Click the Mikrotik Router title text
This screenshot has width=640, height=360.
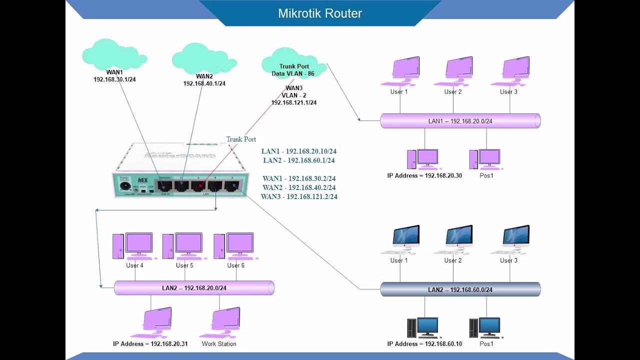pyautogui.click(x=320, y=13)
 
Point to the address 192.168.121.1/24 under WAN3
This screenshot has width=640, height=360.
pyautogui.click(x=294, y=102)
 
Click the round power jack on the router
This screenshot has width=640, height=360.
pyautogui.click(x=123, y=186)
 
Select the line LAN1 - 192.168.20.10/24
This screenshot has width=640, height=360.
pyautogui.click(x=299, y=151)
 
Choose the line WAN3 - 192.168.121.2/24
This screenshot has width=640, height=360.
pyautogui.click(x=299, y=197)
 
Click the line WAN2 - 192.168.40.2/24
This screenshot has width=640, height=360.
pyautogui.click(x=299, y=187)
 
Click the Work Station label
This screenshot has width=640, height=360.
pyautogui.click(x=219, y=344)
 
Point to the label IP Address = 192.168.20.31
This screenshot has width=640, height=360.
pyautogui.click(x=150, y=344)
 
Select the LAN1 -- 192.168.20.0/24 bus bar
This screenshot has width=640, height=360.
pyautogui.click(x=460, y=121)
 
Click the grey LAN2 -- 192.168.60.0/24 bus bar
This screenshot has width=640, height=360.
pyautogui.click(x=460, y=289)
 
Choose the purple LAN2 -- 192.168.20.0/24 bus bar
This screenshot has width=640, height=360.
pyautogui.click(x=194, y=288)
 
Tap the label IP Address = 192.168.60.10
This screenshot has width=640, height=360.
pyautogui.click(x=424, y=344)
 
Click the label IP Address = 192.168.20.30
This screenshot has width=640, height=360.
pyautogui.click(x=424, y=176)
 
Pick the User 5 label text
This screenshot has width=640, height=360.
pyautogui.click(x=184, y=265)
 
